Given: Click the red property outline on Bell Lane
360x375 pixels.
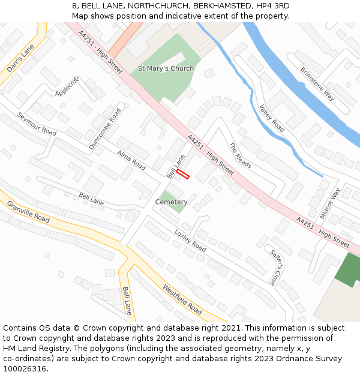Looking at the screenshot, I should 183,174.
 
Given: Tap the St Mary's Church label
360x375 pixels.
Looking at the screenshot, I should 166,68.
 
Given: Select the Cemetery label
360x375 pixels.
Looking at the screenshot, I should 172,202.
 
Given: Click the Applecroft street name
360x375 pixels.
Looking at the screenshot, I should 67,86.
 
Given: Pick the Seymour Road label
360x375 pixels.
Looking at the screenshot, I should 37,124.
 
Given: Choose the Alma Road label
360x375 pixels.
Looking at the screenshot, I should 131,160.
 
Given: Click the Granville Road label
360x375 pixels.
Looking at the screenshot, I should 28,212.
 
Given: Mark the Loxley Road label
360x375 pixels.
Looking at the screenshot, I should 190,241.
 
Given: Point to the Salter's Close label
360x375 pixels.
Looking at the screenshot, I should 274,267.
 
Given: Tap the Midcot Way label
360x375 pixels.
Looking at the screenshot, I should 330,203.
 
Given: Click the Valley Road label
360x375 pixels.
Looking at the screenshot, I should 272,118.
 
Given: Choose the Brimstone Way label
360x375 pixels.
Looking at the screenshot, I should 317,83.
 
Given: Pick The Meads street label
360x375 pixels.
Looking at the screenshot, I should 240,155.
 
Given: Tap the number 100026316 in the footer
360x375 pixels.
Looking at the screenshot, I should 25,369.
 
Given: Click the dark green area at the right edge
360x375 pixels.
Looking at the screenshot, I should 348,269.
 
